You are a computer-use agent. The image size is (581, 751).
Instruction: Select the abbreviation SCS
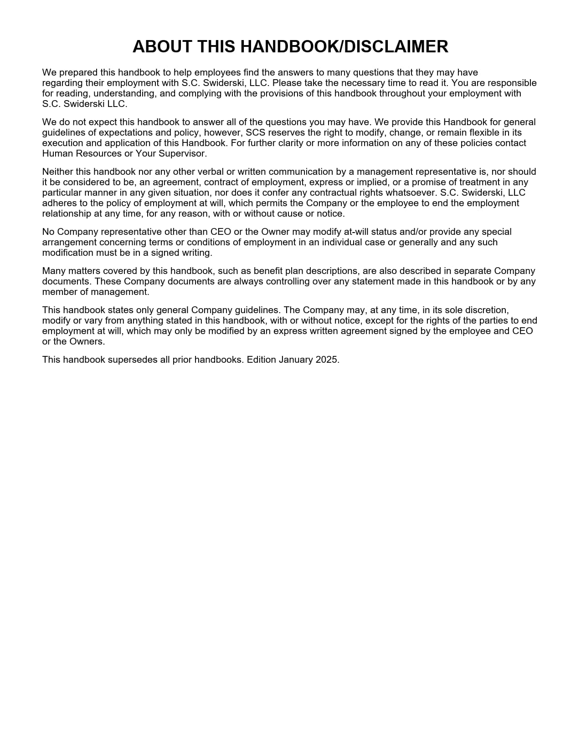(x=256, y=132)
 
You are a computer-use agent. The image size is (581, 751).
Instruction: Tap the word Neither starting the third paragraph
(x=57, y=172)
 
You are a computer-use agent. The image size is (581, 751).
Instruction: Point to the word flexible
(x=485, y=132)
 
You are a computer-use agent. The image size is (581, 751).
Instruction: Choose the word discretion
(x=486, y=310)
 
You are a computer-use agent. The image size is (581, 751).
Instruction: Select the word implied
(x=371, y=182)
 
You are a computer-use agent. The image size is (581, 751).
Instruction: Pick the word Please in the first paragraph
(x=287, y=83)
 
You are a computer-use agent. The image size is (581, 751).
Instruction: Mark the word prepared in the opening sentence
(x=78, y=72)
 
